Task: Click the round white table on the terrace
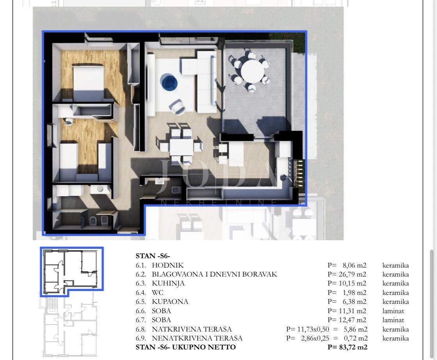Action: click(x=252, y=71)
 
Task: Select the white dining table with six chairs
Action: click(x=181, y=147)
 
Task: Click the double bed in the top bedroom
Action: click(x=88, y=82)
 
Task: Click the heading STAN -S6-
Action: click(x=153, y=256)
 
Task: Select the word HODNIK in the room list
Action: click(x=168, y=265)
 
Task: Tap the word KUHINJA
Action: click(x=168, y=284)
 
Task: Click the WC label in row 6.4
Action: click(x=158, y=293)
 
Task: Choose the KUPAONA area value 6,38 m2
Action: click(x=355, y=301)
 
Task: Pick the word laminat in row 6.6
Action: click(x=393, y=311)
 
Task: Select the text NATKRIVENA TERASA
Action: click(x=192, y=329)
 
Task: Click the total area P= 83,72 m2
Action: click(x=348, y=347)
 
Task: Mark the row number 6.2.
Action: click(x=141, y=274)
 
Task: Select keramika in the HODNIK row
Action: click(x=396, y=265)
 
